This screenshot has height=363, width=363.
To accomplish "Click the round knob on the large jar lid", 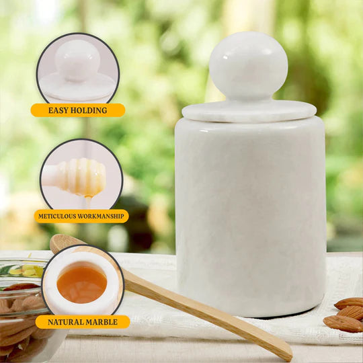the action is [249, 67].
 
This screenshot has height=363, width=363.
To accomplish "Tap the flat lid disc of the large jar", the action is [249, 111].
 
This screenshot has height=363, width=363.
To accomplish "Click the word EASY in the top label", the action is [58, 110].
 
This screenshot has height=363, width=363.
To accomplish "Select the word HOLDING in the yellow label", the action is [89, 110].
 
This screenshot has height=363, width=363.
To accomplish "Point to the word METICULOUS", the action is [57, 216].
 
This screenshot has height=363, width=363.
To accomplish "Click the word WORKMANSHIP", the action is [101, 216].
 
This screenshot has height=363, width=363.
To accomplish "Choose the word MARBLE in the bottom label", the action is [102, 322].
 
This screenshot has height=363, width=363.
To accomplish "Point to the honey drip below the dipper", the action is [89, 202].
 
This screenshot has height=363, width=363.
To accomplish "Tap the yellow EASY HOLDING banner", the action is [78, 110].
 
